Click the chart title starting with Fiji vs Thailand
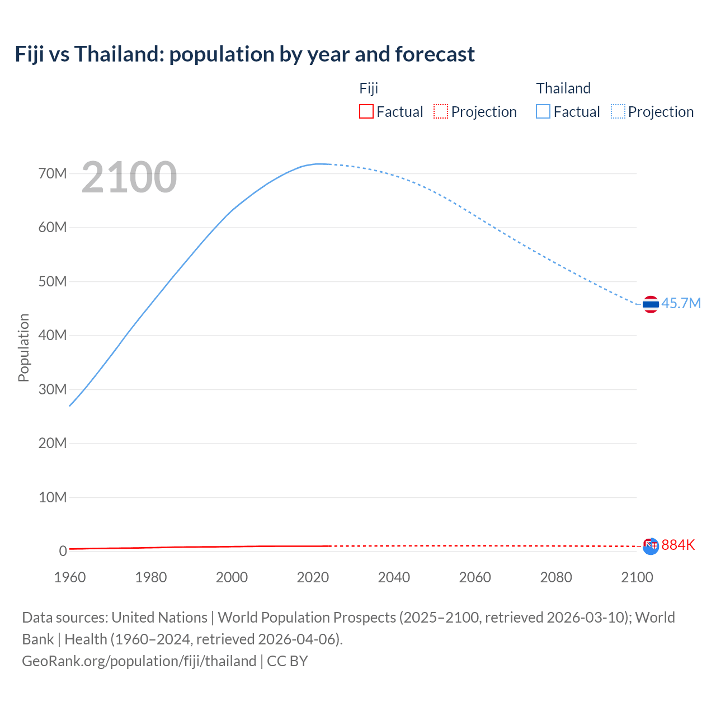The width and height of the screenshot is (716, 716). pos(244,54)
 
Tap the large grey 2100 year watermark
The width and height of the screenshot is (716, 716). pos(129,177)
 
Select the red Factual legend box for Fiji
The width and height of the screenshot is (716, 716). pos(366,111)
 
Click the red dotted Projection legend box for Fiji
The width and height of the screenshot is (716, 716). pos(441,111)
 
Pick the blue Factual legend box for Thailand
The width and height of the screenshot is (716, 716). pos(543,111)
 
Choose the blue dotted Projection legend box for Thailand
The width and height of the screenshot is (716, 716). pos(618,111)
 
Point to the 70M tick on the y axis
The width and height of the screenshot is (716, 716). pos(53,173)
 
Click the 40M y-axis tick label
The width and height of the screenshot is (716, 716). pos(53,335)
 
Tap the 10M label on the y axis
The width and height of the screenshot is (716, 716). pos(53,497)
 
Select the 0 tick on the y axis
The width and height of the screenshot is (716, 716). pos(63,551)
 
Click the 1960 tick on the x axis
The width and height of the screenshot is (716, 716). pos(70,577)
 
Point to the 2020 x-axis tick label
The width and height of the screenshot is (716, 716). pos(313,577)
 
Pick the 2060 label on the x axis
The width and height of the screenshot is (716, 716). pos(475,577)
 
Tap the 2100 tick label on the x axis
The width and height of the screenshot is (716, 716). pos(637,577)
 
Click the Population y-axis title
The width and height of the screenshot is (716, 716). pos(23,347)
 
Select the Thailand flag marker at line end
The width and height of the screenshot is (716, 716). pos(651,304)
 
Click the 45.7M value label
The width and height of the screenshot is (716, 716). pos(681,303)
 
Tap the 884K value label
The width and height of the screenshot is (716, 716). pos(678,545)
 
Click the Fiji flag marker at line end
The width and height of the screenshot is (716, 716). pos(651,546)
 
